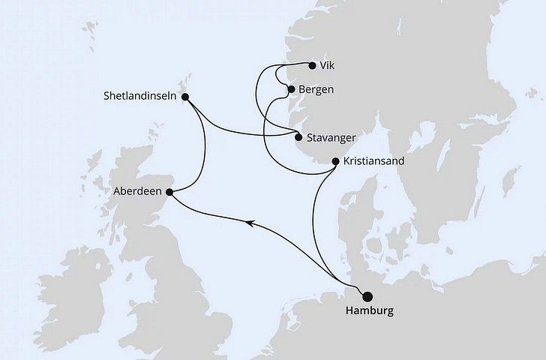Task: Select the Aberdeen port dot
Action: click(169, 192)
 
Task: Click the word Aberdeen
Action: click(139, 192)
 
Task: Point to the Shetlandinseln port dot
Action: click(186, 96)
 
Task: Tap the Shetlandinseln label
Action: click(142, 96)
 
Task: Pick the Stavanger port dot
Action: click(298, 137)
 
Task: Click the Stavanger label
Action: click(331, 138)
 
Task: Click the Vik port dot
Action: click(312, 65)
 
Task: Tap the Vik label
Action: click(328, 65)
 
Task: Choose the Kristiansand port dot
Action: click(334, 161)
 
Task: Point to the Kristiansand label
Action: click(373, 161)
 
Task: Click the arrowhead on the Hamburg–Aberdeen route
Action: click(250, 220)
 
